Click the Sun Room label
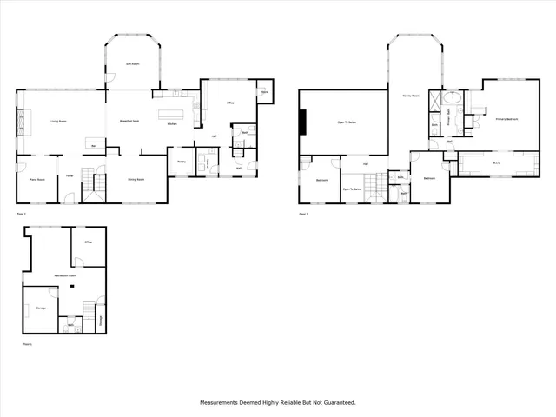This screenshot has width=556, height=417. point(133,65)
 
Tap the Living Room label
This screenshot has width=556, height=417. point(60,122)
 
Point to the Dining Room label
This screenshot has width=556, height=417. point(136,180)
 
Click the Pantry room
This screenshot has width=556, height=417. point(182,162)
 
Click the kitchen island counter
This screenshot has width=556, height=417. point(172,114)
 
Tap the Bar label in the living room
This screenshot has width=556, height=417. point(93,146)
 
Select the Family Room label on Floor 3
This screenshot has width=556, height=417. point(411,96)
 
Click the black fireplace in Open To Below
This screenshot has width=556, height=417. point(302,122)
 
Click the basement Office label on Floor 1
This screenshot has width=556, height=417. point(88,242)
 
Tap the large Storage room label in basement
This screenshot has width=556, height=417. point(40,308)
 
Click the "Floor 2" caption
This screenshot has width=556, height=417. point(22,213)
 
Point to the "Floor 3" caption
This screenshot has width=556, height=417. point(303,213)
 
